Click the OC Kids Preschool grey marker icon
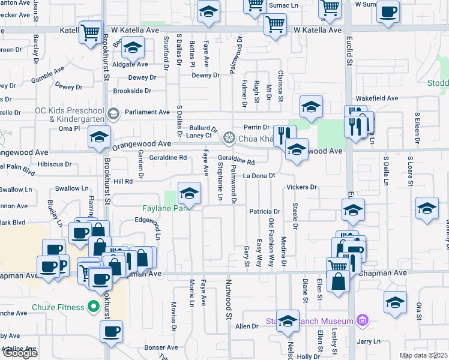pos(112,113)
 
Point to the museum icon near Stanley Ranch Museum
pos(361,320)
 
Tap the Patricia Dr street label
pos(265,211)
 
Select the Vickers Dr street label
pos(301,187)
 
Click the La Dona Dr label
pos(259,176)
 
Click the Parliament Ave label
pos(147,112)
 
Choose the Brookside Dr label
pos(132,91)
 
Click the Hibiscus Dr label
pos(55,163)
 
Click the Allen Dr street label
pos(246,326)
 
